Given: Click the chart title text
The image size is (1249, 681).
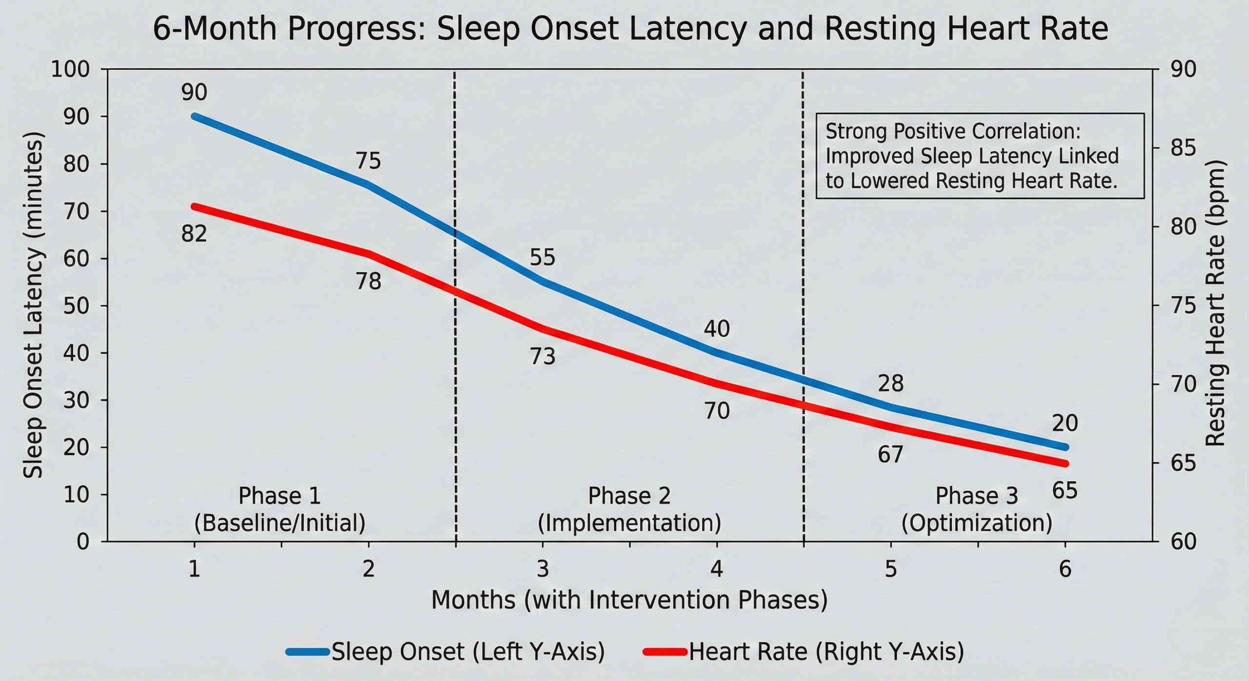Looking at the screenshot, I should [630, 29].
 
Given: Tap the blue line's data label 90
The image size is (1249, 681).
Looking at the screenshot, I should [194, 93].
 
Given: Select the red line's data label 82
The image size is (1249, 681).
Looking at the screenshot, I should [194, 234].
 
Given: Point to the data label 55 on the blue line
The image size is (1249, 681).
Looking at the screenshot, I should [543, 258].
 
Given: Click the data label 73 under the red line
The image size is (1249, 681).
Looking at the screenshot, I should [543, 357].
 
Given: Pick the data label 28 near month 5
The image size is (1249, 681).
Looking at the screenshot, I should [891, 384].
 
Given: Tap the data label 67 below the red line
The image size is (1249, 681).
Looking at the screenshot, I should [891, 455].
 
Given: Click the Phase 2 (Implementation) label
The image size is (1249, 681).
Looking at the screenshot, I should [629, 510].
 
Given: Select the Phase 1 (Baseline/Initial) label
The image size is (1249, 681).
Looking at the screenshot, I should [280, 510].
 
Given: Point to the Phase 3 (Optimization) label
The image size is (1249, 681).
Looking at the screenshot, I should [977, 510].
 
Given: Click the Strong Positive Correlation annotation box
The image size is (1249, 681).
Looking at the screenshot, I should [980, 156].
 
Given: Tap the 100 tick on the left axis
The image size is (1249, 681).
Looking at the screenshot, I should [71, 69].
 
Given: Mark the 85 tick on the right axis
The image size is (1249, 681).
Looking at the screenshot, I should [1183, 148].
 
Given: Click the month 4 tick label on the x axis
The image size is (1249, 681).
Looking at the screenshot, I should [717, 569].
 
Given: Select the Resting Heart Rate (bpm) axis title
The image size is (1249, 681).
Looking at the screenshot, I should [1215, 302].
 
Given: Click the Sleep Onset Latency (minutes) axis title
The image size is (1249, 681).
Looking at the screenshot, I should [33, 305].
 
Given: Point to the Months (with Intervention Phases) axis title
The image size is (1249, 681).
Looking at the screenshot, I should [629, 600].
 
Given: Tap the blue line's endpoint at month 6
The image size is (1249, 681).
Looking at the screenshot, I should [1065, 447].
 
